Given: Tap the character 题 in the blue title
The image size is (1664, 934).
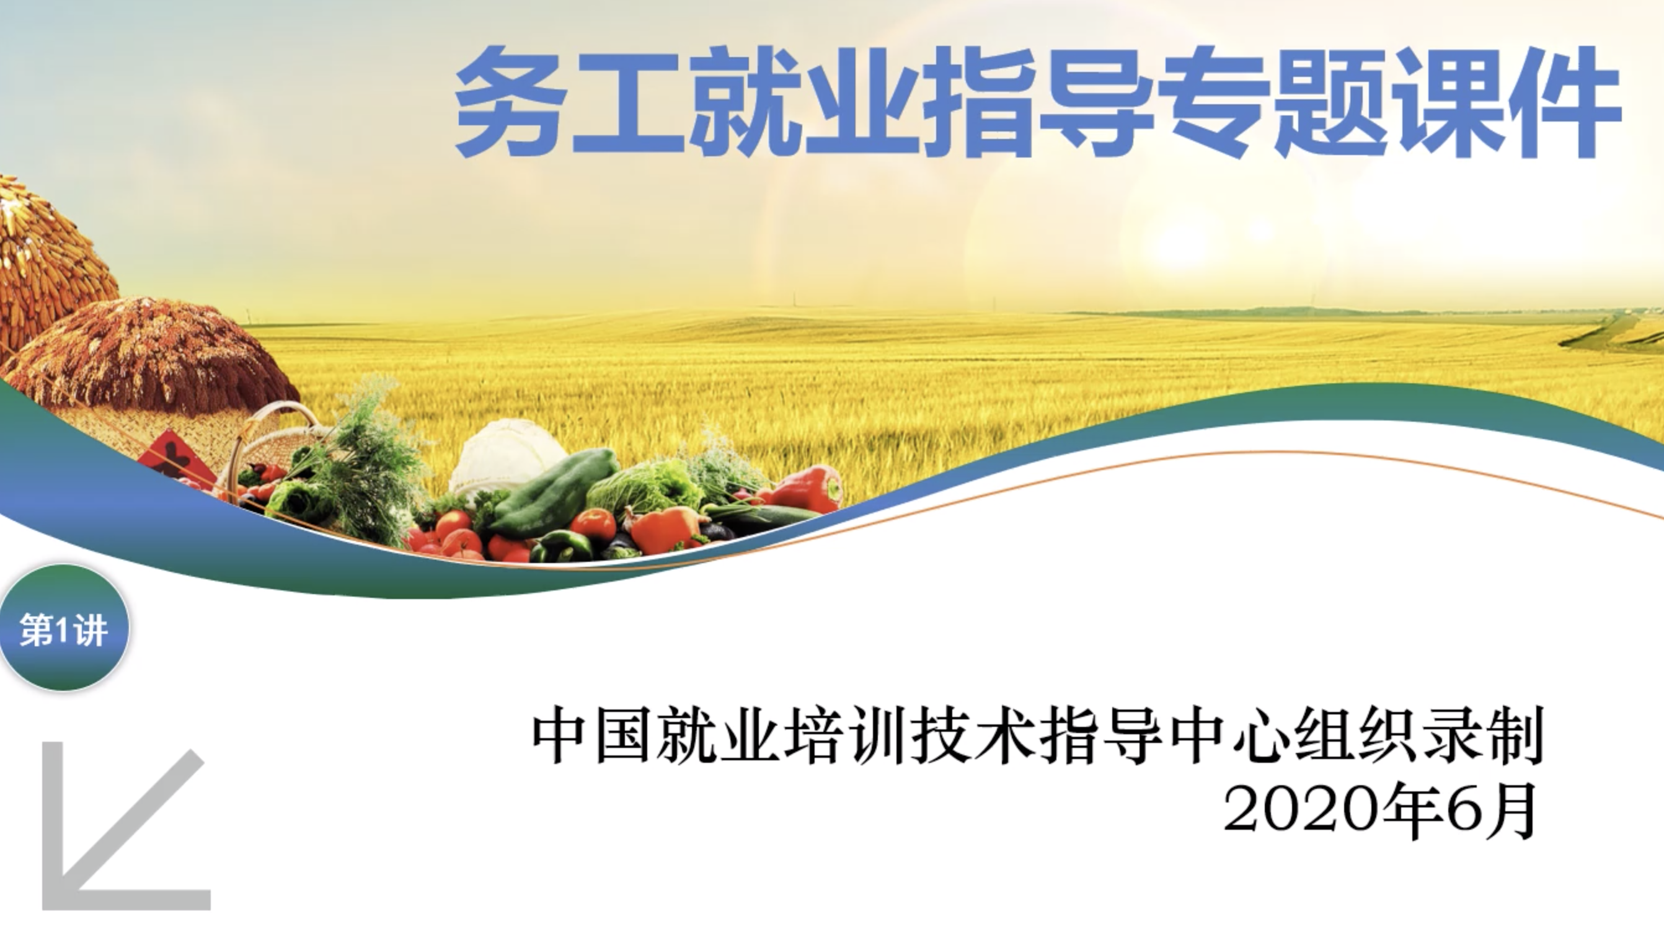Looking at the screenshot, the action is click(1332, 103).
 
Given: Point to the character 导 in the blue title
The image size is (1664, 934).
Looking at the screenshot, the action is click(1097, 103).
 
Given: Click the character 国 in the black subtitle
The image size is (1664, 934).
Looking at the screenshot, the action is click(622, 737).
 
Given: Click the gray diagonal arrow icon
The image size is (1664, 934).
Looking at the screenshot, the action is click(123, 830).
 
